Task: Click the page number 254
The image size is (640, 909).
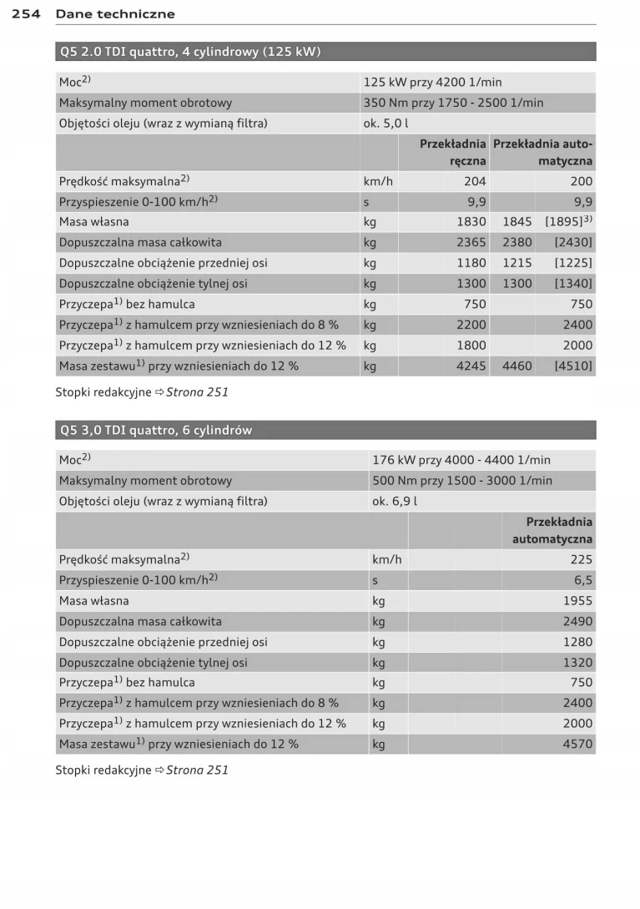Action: (28, 13)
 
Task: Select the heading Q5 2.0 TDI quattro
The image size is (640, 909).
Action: (190, 52)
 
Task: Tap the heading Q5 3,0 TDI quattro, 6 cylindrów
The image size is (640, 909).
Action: (156, 430)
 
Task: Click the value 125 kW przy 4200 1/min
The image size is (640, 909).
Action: (432, 82)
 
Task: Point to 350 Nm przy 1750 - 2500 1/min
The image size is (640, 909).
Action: (453, 103)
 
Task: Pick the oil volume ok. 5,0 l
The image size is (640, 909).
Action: (386, 124)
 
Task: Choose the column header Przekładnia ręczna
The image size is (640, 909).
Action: (453, 152)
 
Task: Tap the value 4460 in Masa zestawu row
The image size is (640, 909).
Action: (517, 366)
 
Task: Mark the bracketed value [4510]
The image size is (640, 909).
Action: (573, 366)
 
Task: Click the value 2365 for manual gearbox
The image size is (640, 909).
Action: (471, 242)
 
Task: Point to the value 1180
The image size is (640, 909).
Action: (471, 263)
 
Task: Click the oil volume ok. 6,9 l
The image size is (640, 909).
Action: (395, 502)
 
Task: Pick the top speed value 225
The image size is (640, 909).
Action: (582, 560)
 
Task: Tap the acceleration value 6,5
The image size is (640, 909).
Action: (583, 580)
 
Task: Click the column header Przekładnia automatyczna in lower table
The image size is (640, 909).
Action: (552, 530)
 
